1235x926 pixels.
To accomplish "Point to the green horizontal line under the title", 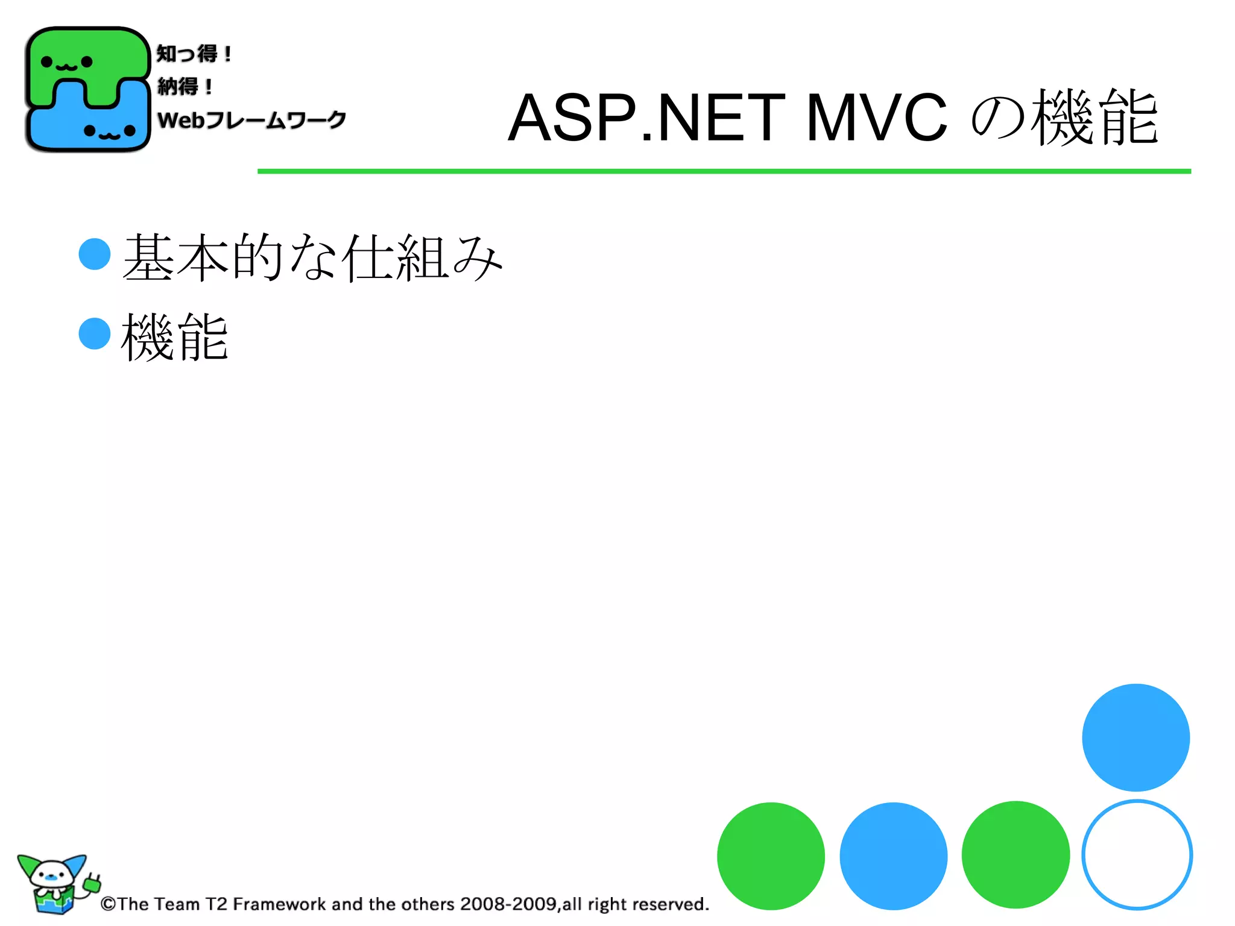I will [724, 171].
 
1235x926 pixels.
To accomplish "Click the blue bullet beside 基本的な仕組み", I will [95, 254].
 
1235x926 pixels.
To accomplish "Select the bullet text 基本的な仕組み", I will [312, 258].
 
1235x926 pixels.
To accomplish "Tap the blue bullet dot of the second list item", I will [95, 333].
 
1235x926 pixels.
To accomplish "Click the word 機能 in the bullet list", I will [175, 337].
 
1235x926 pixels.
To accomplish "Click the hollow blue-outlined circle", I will [1137, 855].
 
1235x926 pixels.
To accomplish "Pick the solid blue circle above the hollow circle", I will [1136, 737].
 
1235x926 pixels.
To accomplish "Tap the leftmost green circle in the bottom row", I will [771, 855].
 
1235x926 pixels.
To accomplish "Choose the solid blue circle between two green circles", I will [893, 855].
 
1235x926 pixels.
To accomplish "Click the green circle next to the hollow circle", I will [1015, 855].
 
